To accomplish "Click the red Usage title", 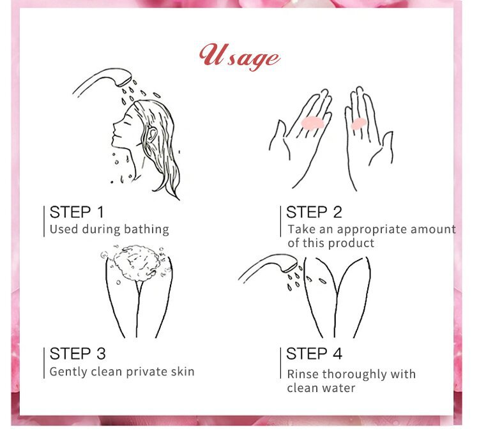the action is tap(240, 57).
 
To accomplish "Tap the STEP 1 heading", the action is tap(77, 212).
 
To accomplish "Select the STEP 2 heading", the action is tap(314, 212).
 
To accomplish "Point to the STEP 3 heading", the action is tap(77, 354).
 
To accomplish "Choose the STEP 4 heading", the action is tap(314, 354).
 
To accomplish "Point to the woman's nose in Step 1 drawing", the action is tap(115, 125).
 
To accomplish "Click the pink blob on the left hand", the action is tap(312, 123).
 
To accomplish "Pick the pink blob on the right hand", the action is tap(359, 124).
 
